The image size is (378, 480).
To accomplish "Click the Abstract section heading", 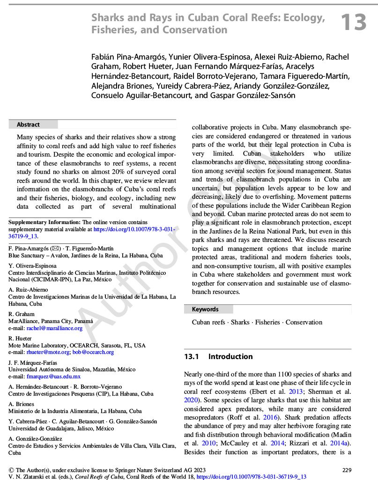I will point(29,125).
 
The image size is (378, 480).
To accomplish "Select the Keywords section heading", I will point(205,309).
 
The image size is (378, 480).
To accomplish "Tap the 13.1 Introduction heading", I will point(218,357).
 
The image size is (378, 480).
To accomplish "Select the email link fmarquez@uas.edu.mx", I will point(54,376).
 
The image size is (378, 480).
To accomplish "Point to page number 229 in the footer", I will point(347,470).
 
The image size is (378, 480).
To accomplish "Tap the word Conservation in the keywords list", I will point(304,322).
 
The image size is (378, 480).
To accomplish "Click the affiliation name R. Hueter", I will point(20,338).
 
